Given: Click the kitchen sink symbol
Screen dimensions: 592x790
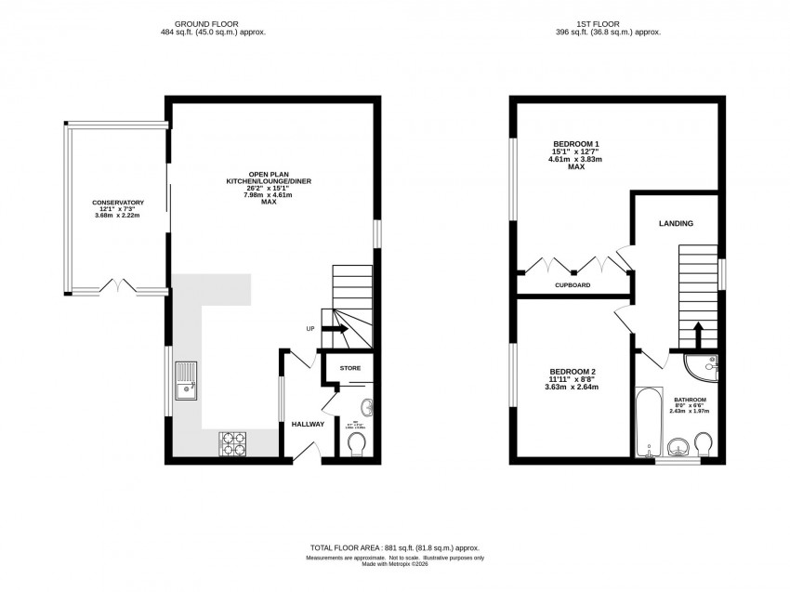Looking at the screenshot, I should (x=186, y=381).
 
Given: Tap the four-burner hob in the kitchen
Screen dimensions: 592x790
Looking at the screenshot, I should (x=233, y=444).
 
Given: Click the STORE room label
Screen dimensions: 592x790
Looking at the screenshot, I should (x=349, y=369).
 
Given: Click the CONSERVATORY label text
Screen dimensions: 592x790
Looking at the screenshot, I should (x=117, y=203).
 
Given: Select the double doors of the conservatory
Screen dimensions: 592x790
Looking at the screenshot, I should (x=120, y=283).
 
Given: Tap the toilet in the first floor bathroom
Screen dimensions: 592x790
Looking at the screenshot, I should (x=703, y=443).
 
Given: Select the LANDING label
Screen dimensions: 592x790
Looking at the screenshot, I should (x=676, y=224).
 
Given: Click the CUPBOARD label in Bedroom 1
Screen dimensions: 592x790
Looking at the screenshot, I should (x=573, y=285).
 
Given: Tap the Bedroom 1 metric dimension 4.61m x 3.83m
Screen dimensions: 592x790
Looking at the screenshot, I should (x=576, y=159).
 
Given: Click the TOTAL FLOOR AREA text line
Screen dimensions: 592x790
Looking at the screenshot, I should (x=395, y=548).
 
